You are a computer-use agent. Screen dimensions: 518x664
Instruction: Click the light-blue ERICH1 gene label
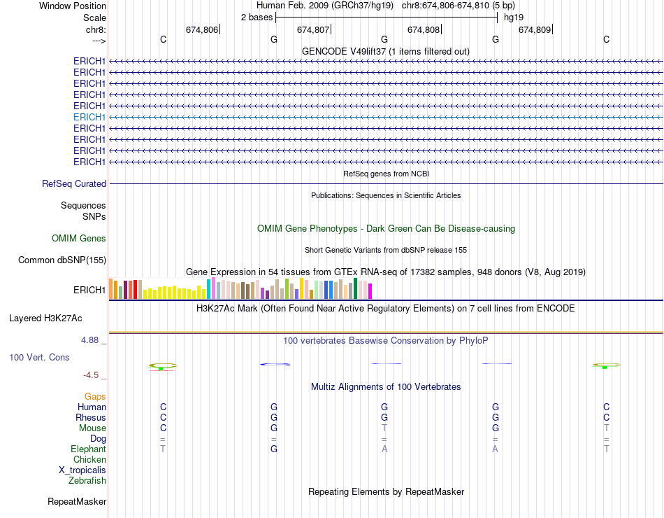(x=89, y=117)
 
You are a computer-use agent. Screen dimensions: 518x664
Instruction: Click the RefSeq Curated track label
(x=74, y=184)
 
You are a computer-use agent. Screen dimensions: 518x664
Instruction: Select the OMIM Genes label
(x=79, y=239)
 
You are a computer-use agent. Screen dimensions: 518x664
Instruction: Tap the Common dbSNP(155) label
(x=62, y=260)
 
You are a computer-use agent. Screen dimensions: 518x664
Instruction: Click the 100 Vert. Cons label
(x=39, y=358)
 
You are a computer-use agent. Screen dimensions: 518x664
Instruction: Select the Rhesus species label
(x=91, y=418)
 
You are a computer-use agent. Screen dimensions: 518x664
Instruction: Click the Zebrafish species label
(x=87, y=481)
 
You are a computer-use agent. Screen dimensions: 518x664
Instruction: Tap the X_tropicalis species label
(x=82, y=470)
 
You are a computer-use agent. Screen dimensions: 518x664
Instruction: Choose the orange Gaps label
(x=95, y=397)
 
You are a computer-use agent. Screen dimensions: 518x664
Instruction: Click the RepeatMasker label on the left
(x=77, y=502)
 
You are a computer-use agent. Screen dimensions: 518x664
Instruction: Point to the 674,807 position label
(x=313, y=30)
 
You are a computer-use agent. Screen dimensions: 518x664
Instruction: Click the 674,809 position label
(x=535, y=30)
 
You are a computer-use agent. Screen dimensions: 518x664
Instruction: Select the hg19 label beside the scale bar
(x=514, y=17)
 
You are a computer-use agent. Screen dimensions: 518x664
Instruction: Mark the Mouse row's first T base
(x=384, y=428)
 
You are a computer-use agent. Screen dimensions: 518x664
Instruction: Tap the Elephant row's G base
(x=274, y=449)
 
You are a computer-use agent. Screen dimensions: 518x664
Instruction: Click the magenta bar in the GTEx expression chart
(x=370, y=290)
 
